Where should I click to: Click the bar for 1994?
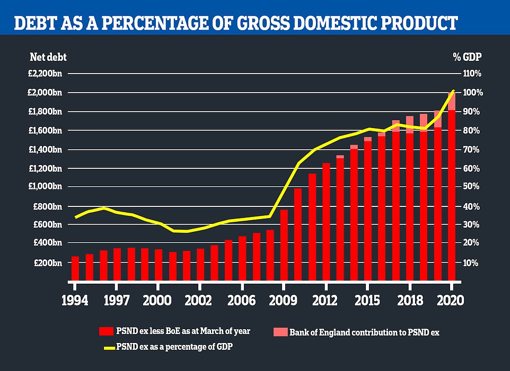tap(75, 268)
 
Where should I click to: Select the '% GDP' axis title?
tap(470, 57)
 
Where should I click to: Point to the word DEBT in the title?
tap(34, 23)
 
